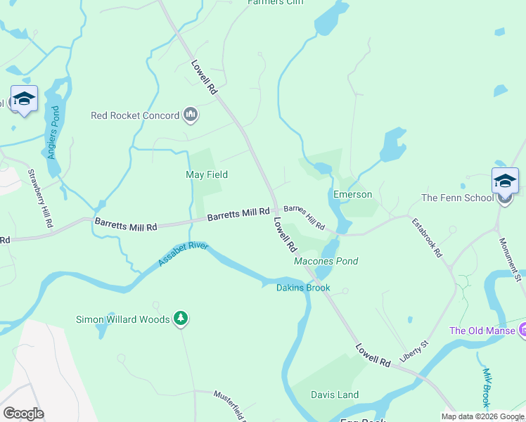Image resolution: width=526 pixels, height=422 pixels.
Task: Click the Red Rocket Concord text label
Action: [x=135, y=115]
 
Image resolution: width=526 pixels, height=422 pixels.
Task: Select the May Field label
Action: [x=206, y=174]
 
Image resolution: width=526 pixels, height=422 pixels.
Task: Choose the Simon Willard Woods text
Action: [x=122, y=319]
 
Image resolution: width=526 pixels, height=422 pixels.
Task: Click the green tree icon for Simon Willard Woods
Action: [x=181, y=319]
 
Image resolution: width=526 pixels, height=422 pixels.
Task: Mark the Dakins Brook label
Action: [x=302, y=288]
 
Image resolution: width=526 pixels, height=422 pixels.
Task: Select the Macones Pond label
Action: [x=326, y=261]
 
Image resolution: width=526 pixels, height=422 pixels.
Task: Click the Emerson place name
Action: [x=352, y=194]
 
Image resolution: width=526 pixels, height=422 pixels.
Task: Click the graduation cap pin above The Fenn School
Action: [x=505, y=181]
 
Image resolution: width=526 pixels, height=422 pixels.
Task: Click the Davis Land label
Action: [x=335, y=395]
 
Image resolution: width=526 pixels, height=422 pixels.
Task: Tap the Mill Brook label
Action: [x=486, y=388]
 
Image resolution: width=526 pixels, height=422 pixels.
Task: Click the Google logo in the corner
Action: [x=24, y=413]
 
